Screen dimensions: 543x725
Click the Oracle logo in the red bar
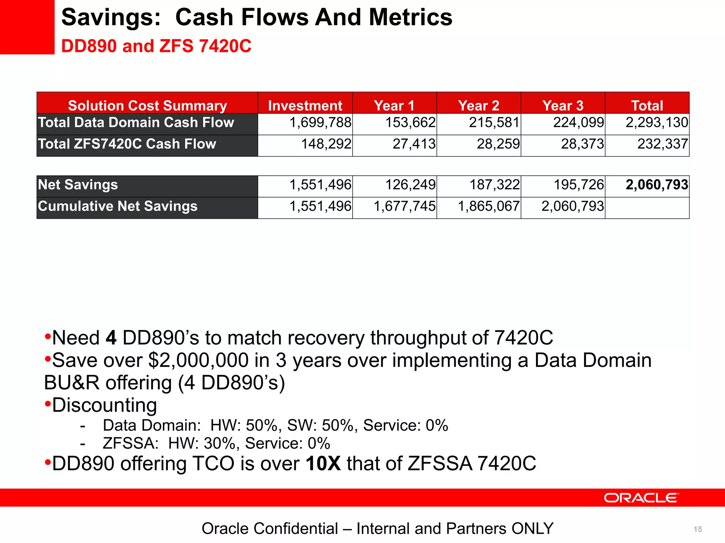(641, 498)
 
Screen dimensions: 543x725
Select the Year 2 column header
(478, 105)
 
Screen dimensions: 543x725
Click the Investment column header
(305, 105)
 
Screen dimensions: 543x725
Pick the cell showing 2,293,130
(657, 123)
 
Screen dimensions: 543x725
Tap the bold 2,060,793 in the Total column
(657, 185)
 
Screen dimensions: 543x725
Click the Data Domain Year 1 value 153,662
(410, 123)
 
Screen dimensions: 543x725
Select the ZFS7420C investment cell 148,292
(326, 144)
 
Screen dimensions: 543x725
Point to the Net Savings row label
(78, 185)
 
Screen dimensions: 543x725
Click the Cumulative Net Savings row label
(118, 206)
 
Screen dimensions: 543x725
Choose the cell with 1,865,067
(489, 206)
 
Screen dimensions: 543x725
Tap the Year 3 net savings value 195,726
(578, 185)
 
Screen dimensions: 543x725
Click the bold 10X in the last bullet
(323, 463)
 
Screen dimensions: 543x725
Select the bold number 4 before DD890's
(111, 338)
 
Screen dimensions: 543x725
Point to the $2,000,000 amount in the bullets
(198, 360)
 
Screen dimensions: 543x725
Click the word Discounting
(104, 405)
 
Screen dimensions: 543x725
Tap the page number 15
(698, 529)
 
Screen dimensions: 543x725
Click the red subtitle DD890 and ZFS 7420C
(156, 46)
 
